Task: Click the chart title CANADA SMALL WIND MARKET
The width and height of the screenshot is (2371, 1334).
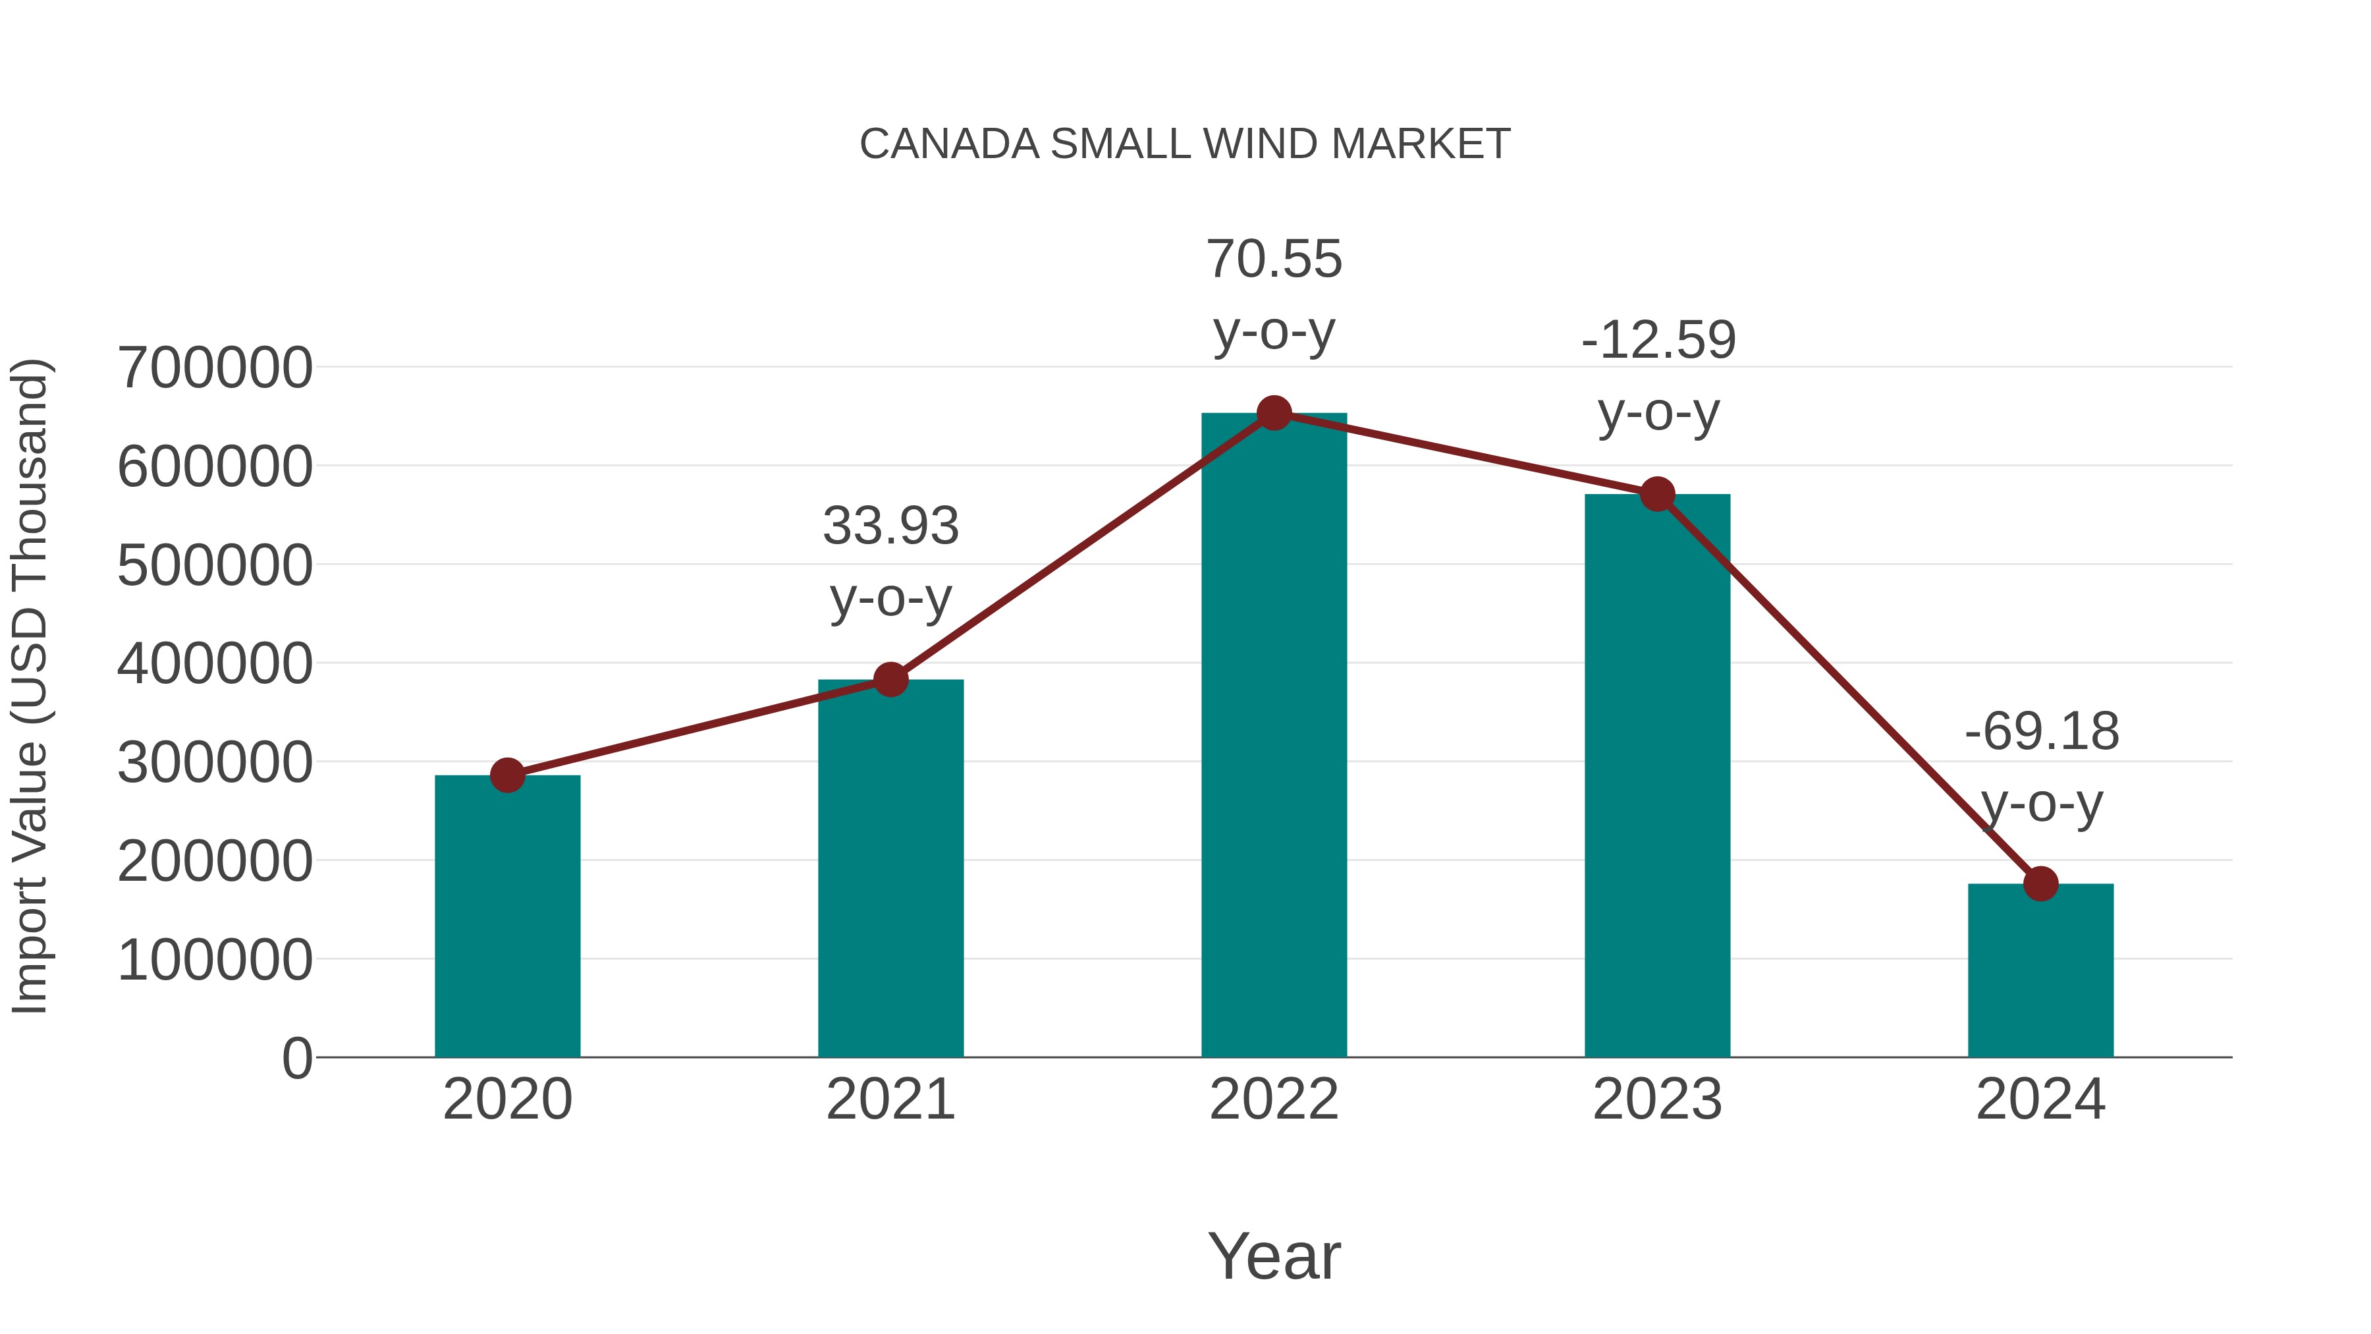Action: pyautogui.click(x=1185, y=144)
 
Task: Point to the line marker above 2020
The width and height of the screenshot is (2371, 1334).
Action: pyautogui.click(x=507, y=775)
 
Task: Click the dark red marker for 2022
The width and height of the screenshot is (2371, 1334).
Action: pyautogui.click(x=1274, y=413)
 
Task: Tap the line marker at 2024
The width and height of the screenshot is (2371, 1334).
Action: pyautogui.click(x=2040, y=884)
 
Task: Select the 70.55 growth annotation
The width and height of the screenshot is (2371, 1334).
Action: pyautogui.click(x=1274, y=260)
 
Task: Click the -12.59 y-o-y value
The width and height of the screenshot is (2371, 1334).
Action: pyautogui.click(x=1658, y=341)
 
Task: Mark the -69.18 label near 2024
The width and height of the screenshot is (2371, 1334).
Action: pyautogui.click(x=2042, y=732)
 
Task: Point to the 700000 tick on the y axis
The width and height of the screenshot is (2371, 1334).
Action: pyautogui.click(x=215, y=368)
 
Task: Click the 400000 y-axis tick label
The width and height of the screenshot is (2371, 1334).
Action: pyautogui.click(x=215, y=664)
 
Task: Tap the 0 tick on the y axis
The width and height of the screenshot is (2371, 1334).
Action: pyautogui.click(x=296, y=1059)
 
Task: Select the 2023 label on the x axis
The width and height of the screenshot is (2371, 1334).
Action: pyautogui.click(x=1657, y=1099)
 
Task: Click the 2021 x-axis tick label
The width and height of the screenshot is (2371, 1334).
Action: pyautogui.click(x=890, y=1099)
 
